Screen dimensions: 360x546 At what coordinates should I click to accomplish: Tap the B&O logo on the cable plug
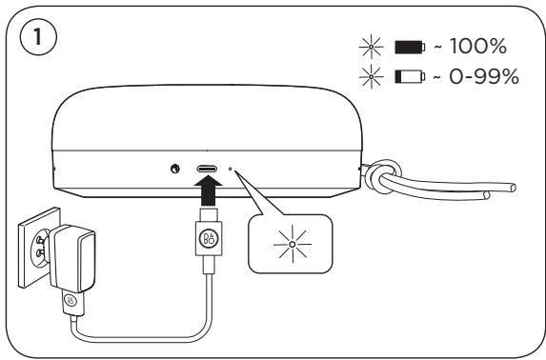(x=209, y=238)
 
